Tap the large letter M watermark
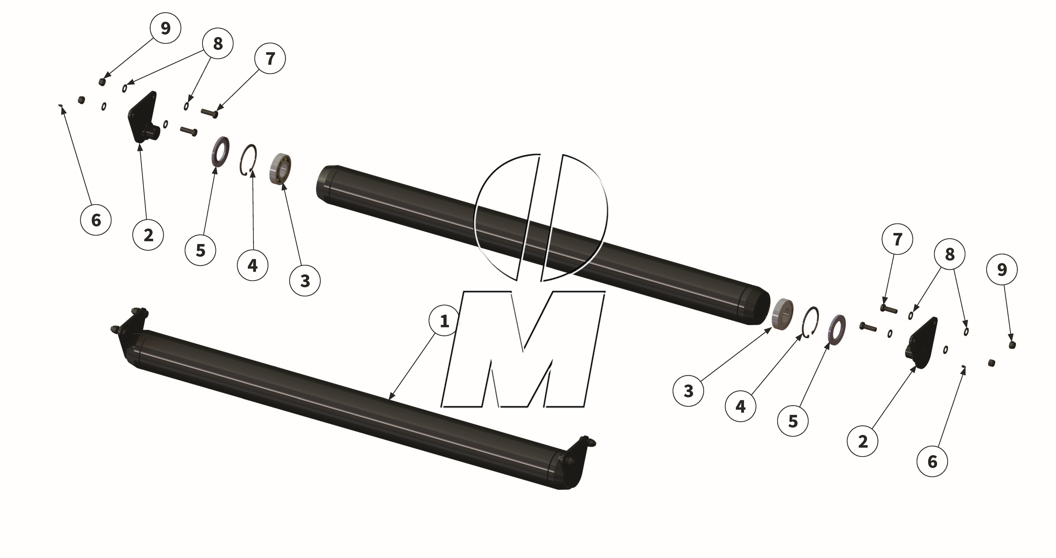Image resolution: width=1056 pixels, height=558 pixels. click(x=523, y=348)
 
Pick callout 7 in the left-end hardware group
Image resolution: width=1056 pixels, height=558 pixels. click(x=270, y=59)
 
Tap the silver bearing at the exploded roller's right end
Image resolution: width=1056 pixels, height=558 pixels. click(x=782, y=313)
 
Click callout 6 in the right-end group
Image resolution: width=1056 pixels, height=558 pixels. click(x=932, y=462)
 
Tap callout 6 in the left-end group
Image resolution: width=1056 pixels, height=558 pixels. click(x=96, y=220)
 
